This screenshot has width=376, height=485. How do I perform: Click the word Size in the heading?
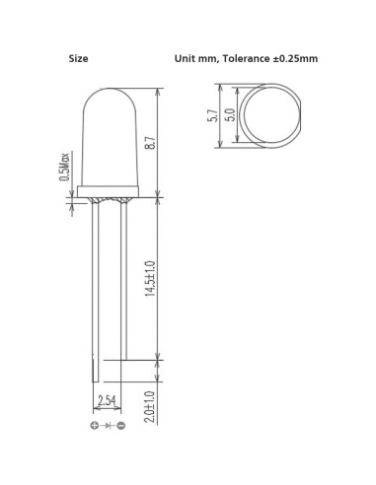pos(78,59)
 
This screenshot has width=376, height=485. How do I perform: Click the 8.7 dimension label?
pos(151,143)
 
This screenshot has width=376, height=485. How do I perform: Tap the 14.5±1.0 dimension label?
pos(150,279)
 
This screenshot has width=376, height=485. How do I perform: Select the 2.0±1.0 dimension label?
pos(150,406)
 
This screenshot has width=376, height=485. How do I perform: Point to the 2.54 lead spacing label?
pos(107,401)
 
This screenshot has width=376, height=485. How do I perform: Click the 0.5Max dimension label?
pos(64,167)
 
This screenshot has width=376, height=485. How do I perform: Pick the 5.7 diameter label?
pos(213,115)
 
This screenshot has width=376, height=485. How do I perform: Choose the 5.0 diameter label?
pos(231,115)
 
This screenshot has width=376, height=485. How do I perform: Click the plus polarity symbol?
pos(95,426)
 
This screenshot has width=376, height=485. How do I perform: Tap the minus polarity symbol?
pos(121,426)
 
